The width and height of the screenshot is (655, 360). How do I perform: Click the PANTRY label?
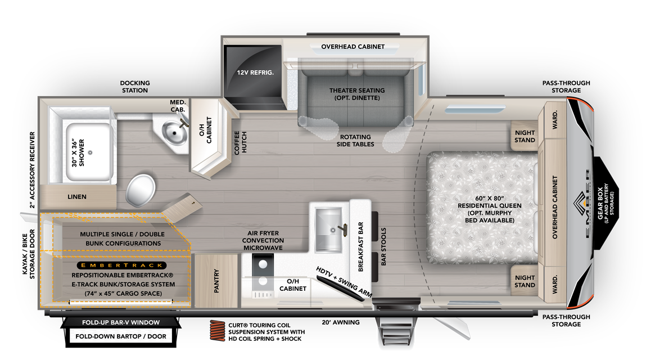coord(216,281)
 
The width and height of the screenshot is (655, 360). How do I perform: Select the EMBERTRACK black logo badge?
coord(122,265)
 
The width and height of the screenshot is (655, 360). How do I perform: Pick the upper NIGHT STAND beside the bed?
coord(525,137)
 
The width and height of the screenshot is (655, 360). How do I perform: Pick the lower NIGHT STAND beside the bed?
coord(525,281)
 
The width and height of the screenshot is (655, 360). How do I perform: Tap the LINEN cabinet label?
coord(77,197)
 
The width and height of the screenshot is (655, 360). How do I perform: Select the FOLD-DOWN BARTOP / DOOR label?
coord(121,338)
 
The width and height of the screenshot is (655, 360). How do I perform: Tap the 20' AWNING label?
coord(340,322)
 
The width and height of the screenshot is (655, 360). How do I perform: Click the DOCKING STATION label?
coord(135,87)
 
